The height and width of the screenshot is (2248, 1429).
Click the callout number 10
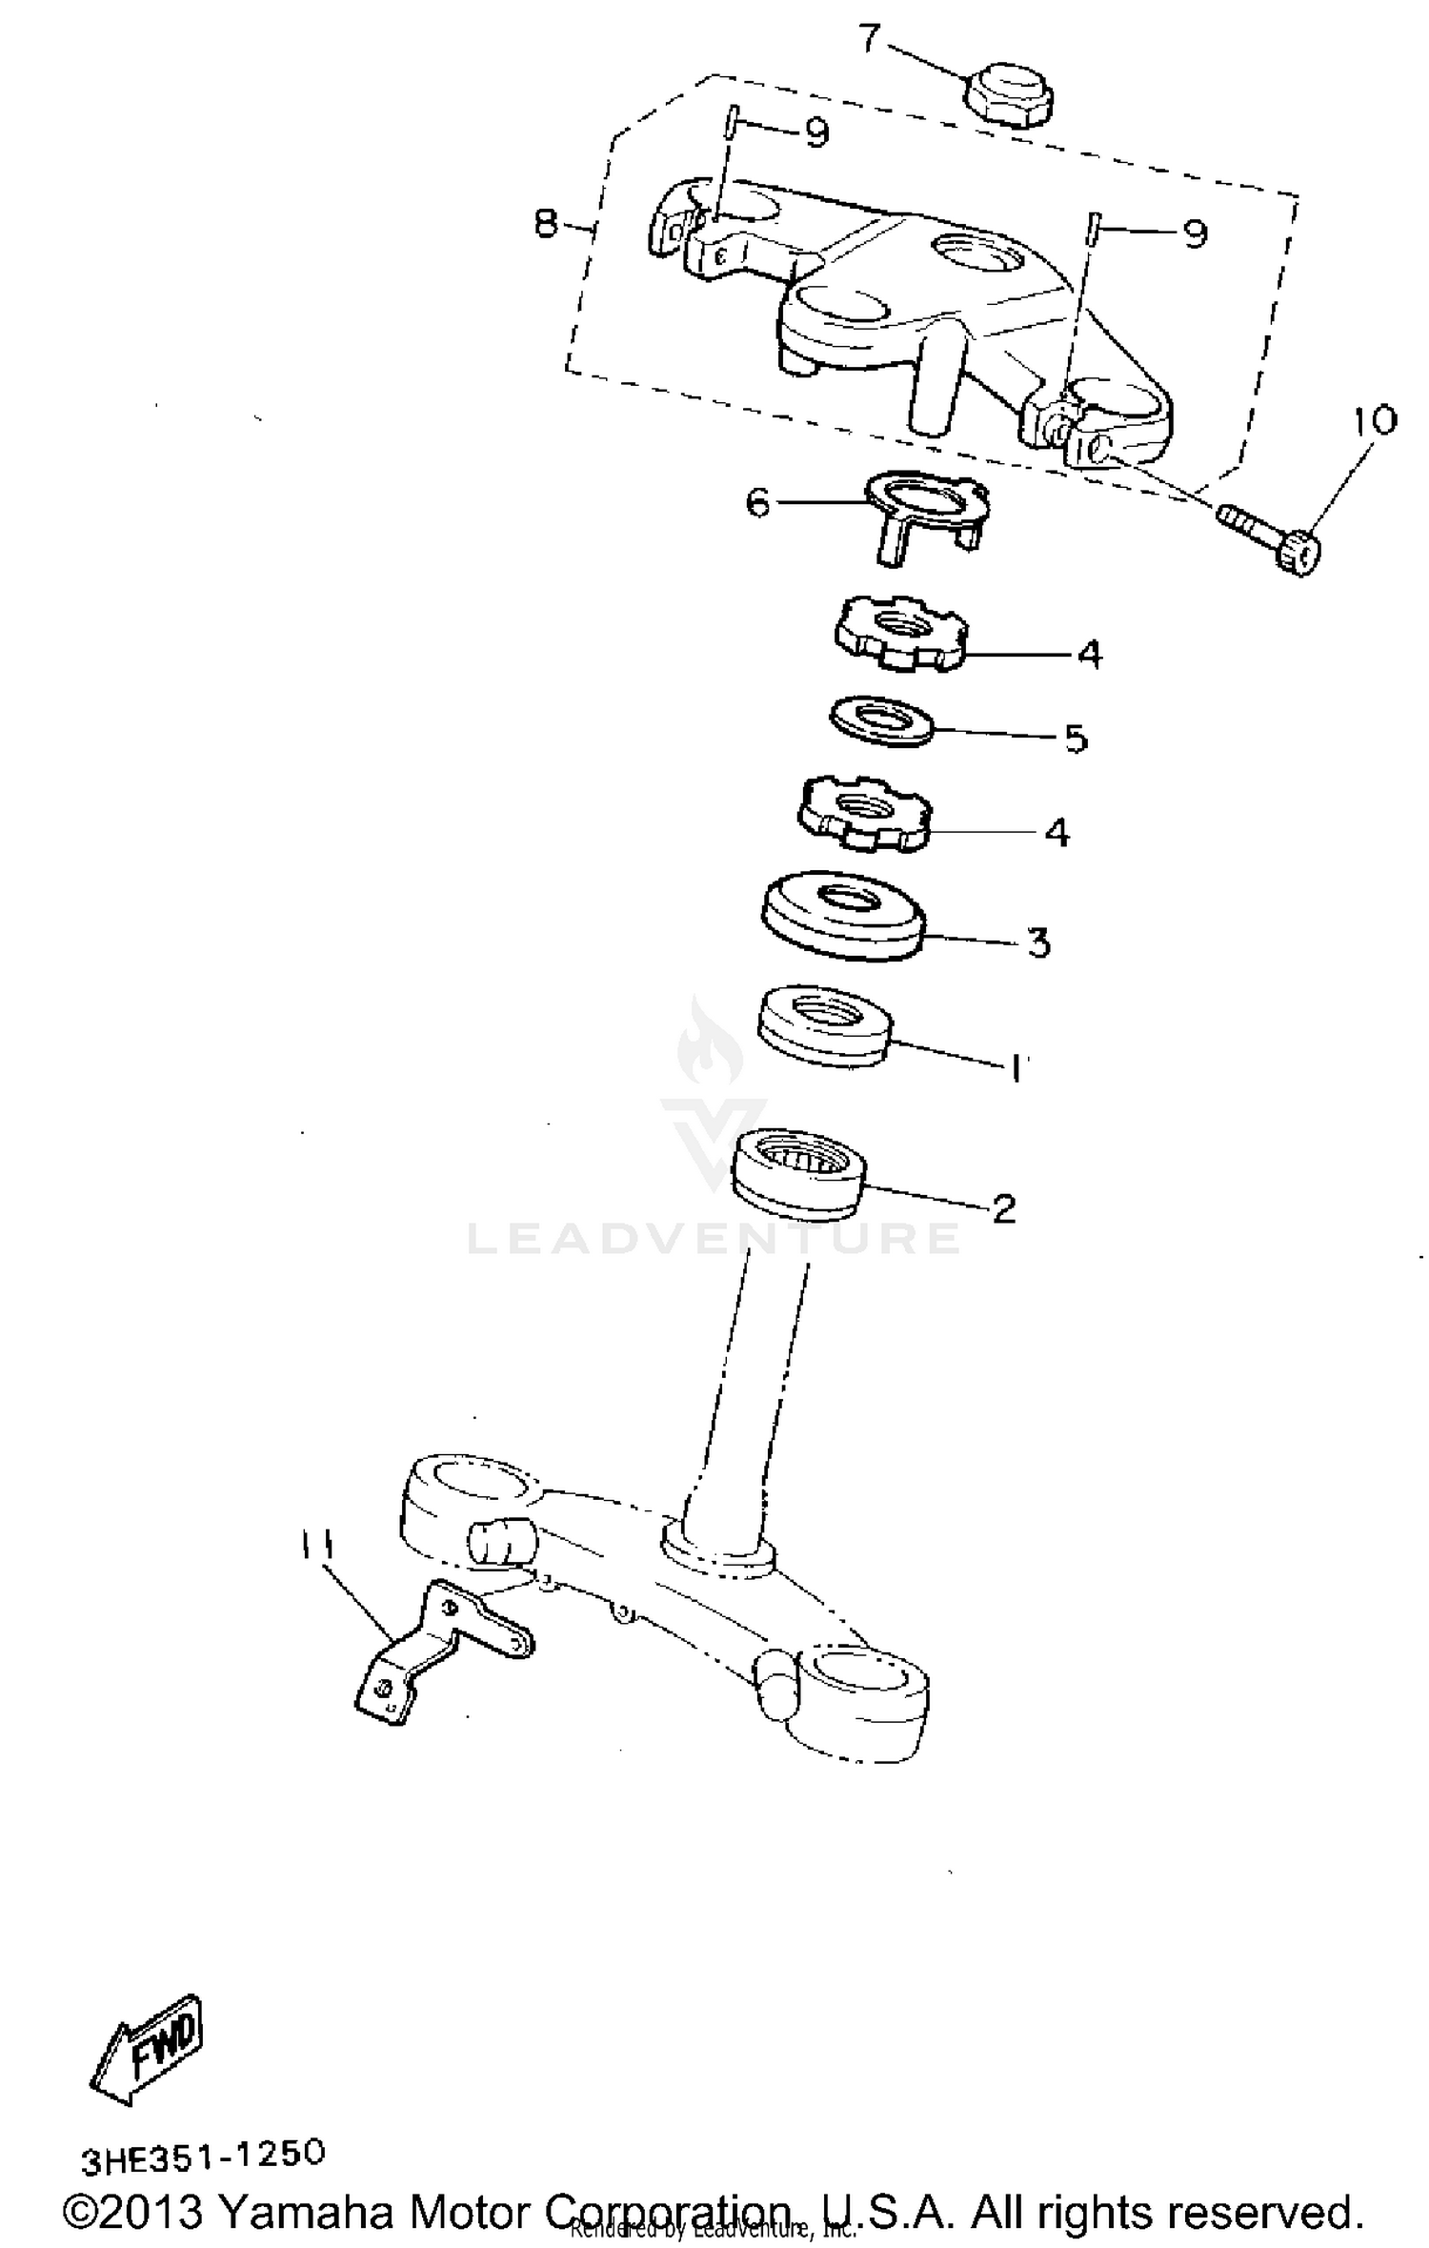pos(1372,421)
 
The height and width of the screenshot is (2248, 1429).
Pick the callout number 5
pos(1076,739)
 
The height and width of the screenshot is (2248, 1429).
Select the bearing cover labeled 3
pos(843,914)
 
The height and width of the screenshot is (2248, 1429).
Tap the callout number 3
pos(1038,942)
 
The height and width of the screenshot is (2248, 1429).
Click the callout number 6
pos(757,502)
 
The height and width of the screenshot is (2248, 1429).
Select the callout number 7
pos(870,39)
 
